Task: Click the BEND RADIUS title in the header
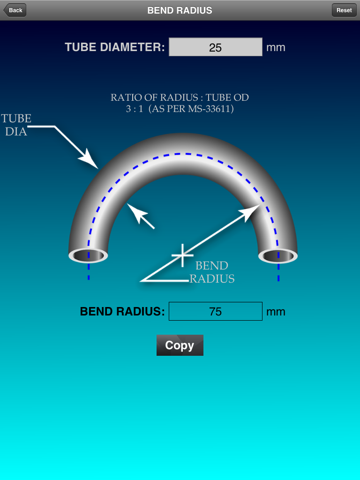[180, 10]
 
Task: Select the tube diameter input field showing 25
[215, 47]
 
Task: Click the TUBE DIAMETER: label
[115, 47]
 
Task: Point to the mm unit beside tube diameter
[276, 47]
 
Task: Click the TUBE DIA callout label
[16, 125]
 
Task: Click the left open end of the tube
[88, 255]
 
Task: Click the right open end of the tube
[278, 256]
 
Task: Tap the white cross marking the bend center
[182, 255]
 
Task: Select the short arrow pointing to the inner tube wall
[140, 216]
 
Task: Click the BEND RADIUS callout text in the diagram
[212, 272]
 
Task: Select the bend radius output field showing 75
[215, 311]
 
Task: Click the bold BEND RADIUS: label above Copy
[122, 311]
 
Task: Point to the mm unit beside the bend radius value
[276, 312]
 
